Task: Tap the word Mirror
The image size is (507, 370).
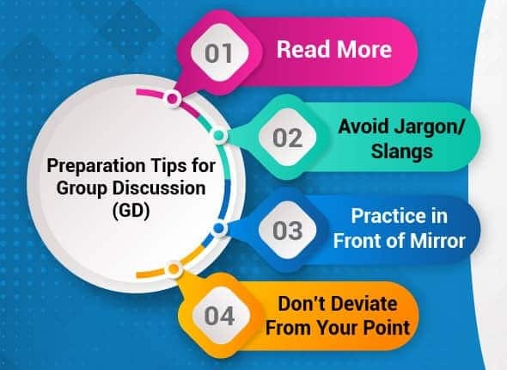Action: [438, 240]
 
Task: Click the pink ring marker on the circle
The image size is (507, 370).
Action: [173, 100]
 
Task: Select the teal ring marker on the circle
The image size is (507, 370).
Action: [219, 136]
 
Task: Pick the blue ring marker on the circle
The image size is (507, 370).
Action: [219, 228]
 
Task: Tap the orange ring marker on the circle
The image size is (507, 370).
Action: [174, 269]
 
